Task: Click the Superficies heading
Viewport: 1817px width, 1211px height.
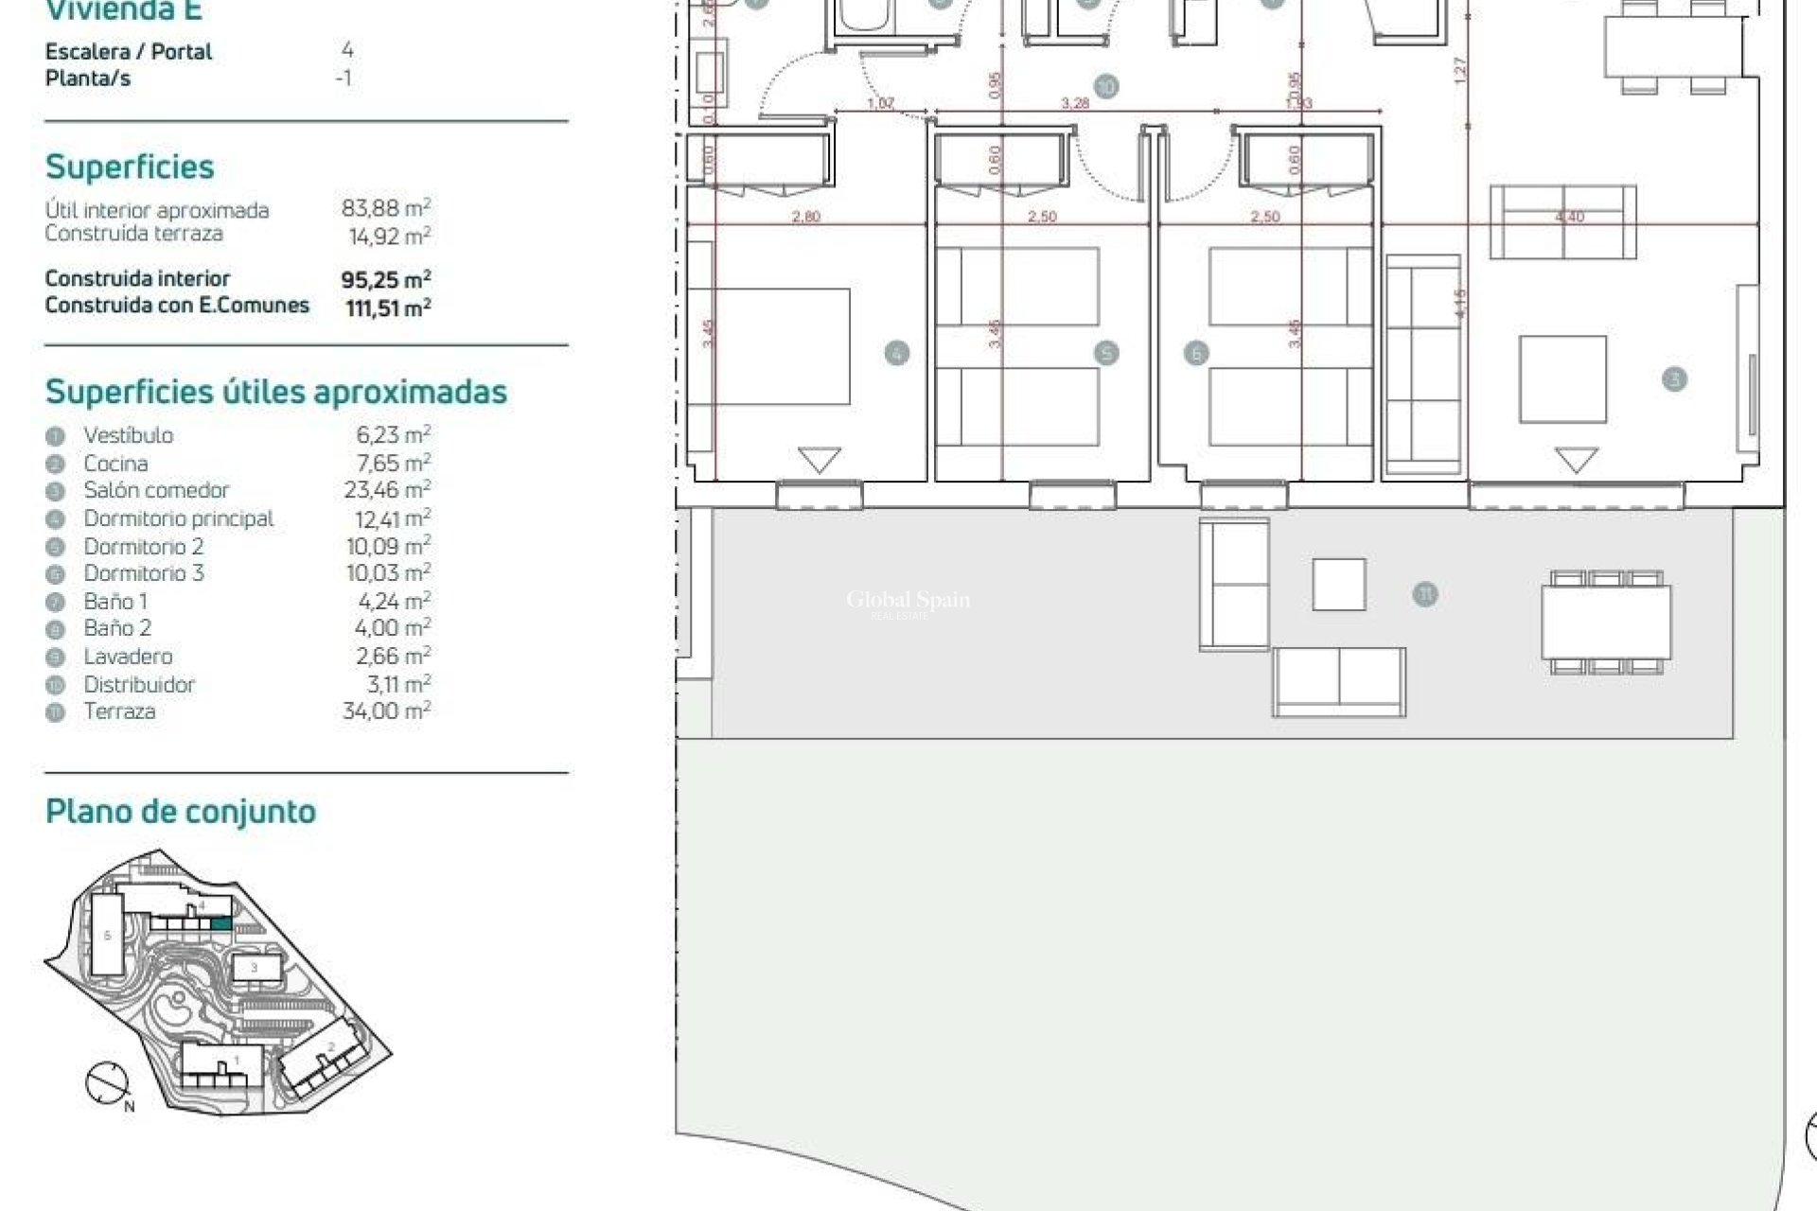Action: [130, 167]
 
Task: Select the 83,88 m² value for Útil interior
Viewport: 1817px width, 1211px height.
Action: [386, 207]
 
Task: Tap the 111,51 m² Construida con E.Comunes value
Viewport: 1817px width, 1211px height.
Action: [388, 307]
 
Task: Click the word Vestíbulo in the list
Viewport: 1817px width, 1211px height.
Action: [128, 435]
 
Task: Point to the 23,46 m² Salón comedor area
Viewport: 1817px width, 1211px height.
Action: [387, 490]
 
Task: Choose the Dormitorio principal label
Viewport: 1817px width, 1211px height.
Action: [178, 518]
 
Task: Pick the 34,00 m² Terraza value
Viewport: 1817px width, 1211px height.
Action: [386, 711]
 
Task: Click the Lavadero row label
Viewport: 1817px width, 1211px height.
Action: [128, 657]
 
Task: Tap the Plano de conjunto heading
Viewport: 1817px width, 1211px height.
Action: [181, 812]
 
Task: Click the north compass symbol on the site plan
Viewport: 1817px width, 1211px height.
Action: [106, 1083]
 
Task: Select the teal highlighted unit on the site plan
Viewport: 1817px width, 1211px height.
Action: [220, 923]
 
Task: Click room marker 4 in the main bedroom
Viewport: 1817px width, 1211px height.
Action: [896, 354]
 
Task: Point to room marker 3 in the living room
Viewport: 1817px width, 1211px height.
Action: [1674, 379]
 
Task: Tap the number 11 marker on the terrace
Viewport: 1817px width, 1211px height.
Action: [1424, 594]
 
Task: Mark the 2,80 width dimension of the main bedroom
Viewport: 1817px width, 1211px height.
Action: [805, 217]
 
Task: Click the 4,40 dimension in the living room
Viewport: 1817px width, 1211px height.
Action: [1569, 217]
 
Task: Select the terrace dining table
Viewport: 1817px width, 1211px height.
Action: [1606, 622]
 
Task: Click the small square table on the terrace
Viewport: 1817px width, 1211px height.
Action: [1338, 584]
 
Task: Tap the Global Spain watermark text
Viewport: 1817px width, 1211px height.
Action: [908, 600]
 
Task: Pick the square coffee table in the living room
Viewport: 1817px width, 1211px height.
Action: [1562, 378]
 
